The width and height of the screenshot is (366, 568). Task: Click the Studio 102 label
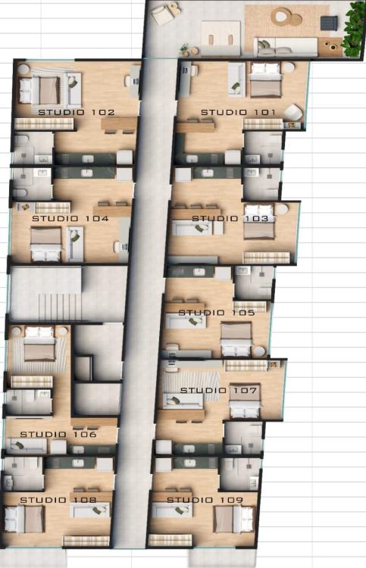pyautogui.click(x=77, y=112)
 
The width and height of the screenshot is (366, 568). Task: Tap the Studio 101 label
pyautogui.click(x=238, y=112)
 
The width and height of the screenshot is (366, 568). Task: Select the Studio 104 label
pyautogui.click(x=70, y=218)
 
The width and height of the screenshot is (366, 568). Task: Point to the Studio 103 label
pyautogui.click(x=230, y=218)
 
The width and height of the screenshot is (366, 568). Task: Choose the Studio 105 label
pyautogui.click(x=217, y=313)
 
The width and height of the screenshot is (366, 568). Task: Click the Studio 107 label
pyautogui.click(x=218, y=391)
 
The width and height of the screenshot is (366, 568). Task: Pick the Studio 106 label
pyautogui.click(x=58, y=435)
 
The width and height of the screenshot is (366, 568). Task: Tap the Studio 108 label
pyautogui.click(x=58, y=500)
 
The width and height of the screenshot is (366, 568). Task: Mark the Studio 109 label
pyautogui.click(x=205, y=500)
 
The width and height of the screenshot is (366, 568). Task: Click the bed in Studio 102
pyautogui.click(x=39, y=90)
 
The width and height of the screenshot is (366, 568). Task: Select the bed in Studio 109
pyautogui.click(x=233, y=519)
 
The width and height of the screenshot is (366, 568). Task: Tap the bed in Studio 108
pyautogui.click(x=25, y=519)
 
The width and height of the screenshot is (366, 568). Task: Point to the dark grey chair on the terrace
pyautogui.click(x=329, y=23)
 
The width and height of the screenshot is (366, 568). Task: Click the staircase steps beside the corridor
pyautogui.click(x=59, y=307)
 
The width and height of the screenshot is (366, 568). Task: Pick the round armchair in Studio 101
pyautogui.click(x=292, y=112)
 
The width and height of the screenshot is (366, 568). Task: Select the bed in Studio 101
pyautogui.click(x=266, y=80)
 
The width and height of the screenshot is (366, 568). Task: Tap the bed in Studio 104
pyautogui.click(x=45, y=244)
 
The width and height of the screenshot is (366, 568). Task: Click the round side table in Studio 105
pyautogui.click(x=258, y=351)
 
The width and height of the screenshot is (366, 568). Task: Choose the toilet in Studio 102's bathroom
pyautogui.click(x=20, y=141)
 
